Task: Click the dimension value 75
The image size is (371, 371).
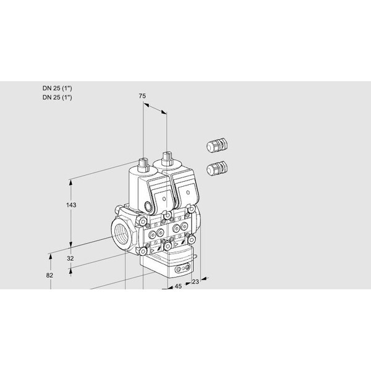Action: [142, 96]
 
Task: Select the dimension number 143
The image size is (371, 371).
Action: [71, 205]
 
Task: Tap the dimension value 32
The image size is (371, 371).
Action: [70, 258]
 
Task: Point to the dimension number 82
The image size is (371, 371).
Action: [49, 275]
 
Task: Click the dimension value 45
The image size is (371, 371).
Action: [178, 286]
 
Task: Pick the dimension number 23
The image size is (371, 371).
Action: [195, 281]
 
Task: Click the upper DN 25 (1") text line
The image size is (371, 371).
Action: [58, 88]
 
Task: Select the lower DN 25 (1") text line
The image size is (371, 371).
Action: [58, 98]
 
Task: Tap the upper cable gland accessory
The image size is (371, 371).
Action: [217, 145]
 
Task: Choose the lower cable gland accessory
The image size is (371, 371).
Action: [217, 168]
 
